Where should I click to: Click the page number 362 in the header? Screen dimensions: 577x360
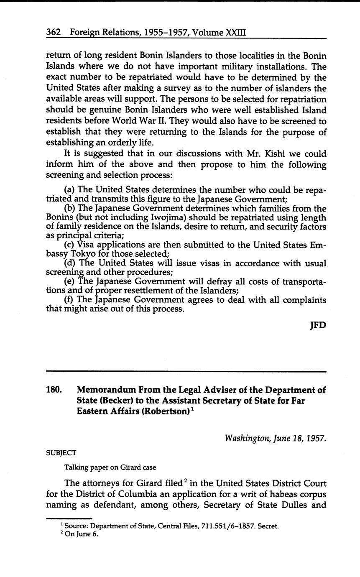click(x=54, y=32)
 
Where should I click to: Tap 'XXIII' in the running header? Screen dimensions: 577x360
click(x=236, y=32)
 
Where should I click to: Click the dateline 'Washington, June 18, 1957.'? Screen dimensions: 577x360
click(x=275, y=438)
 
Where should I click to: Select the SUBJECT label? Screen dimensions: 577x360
click(x=61, y=452)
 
